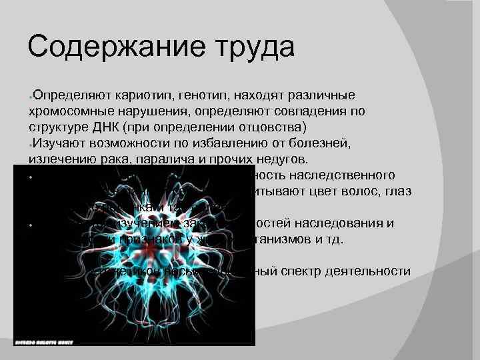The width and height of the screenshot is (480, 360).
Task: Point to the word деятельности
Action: [x=373, y=271]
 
